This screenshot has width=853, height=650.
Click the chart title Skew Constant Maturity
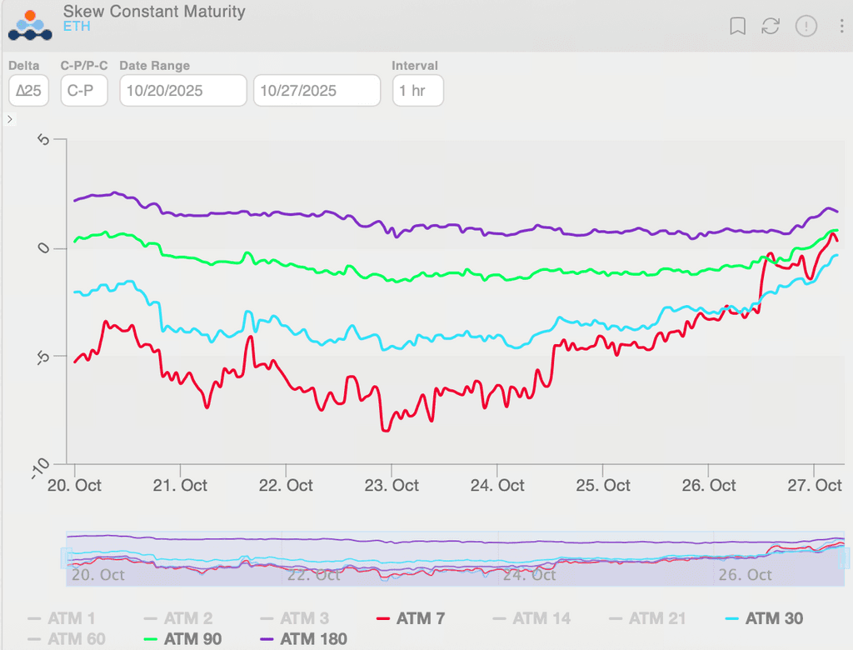tap(154, 12)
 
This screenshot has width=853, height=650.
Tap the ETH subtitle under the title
tap(77, 27)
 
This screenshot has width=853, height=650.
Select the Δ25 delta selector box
tap(29, 91)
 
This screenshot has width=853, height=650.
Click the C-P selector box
tap(84, 91)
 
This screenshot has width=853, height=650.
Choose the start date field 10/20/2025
tap(183, 91)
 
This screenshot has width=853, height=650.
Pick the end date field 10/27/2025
tap(317, 91)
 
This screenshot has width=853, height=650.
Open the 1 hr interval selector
tap(417, 91)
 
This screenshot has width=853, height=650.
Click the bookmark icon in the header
tap(737, 27)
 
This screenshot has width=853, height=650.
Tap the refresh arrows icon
tap(771, 27)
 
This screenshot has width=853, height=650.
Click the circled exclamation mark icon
tap(806, 27)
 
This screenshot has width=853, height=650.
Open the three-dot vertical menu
tap(842, 27)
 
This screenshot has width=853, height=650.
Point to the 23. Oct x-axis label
tap(392, 486)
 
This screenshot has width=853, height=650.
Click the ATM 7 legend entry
tap(411, 618)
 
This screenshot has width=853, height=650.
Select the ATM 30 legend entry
tap(764, 618)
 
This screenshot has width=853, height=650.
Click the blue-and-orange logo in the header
tap(30, 25)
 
